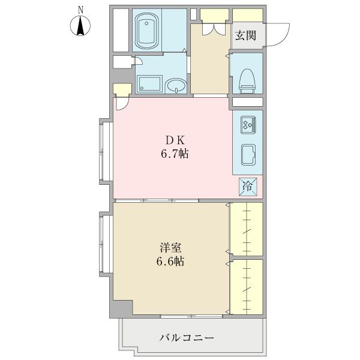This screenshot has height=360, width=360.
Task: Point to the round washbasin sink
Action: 175,86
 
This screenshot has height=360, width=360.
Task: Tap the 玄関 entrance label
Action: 245,35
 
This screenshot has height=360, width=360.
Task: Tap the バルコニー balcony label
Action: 187,338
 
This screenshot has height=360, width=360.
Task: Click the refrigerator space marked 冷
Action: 247,186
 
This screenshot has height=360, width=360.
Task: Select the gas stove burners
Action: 248,125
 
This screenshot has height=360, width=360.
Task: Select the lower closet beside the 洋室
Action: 247,287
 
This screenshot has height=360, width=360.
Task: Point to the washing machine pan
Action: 148,85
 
